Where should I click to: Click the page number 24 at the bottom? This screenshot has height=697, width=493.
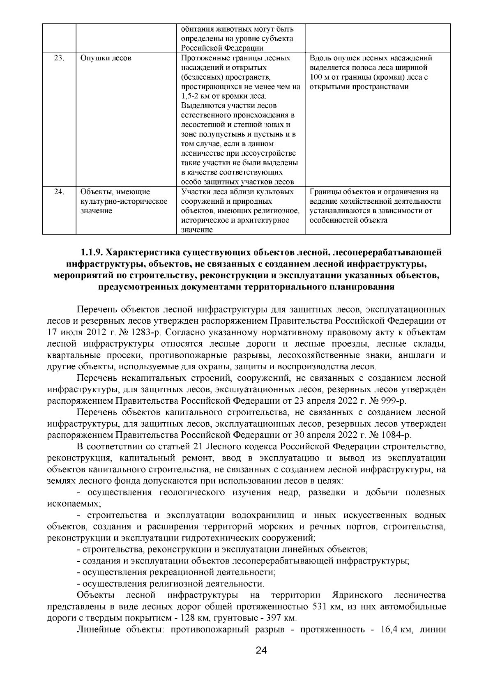[x=261, y=662]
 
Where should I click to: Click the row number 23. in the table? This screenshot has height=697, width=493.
[x=59, y=58]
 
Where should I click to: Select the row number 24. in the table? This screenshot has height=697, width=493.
[x=59, y=192]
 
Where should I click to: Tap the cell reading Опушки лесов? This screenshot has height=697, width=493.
[x=106, y=58]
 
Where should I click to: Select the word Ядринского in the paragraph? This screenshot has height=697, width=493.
[x=357, y=595]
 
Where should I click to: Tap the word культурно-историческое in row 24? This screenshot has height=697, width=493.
[x=124, y=201]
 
